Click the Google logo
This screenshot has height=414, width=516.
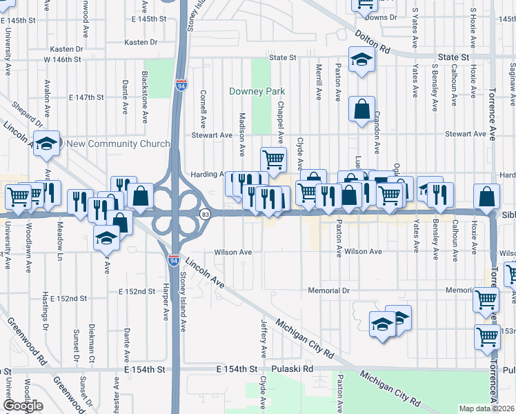[23, 406]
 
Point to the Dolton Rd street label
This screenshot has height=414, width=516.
[373, 41]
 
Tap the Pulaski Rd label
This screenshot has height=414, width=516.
[292, 369]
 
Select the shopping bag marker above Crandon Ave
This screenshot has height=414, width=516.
[361, 108]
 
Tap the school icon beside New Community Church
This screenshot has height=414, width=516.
[46, 143]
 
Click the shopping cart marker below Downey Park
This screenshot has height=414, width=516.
[273, 159]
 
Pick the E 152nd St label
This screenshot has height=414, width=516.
[68, 299]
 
